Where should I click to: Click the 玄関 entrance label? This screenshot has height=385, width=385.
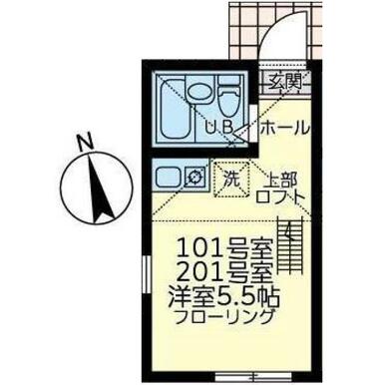pos(285,82)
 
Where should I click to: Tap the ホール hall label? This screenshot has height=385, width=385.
pos(285,128)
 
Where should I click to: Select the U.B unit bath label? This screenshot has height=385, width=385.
pos(218,128)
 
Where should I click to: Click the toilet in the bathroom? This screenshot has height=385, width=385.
pos(228,96)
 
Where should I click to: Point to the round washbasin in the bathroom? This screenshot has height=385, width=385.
pos(199,92)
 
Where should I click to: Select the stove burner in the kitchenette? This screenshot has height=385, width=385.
pos(193,177)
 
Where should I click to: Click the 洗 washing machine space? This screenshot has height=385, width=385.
pos(231,180)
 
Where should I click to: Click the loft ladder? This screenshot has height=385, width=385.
pos(290,244)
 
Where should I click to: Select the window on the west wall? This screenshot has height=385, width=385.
pos(146,275)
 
